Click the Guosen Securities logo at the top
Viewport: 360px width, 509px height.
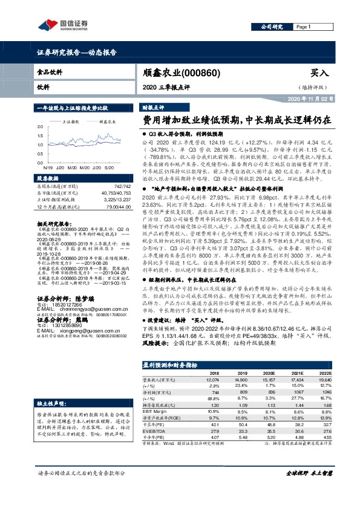pos(64,25)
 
